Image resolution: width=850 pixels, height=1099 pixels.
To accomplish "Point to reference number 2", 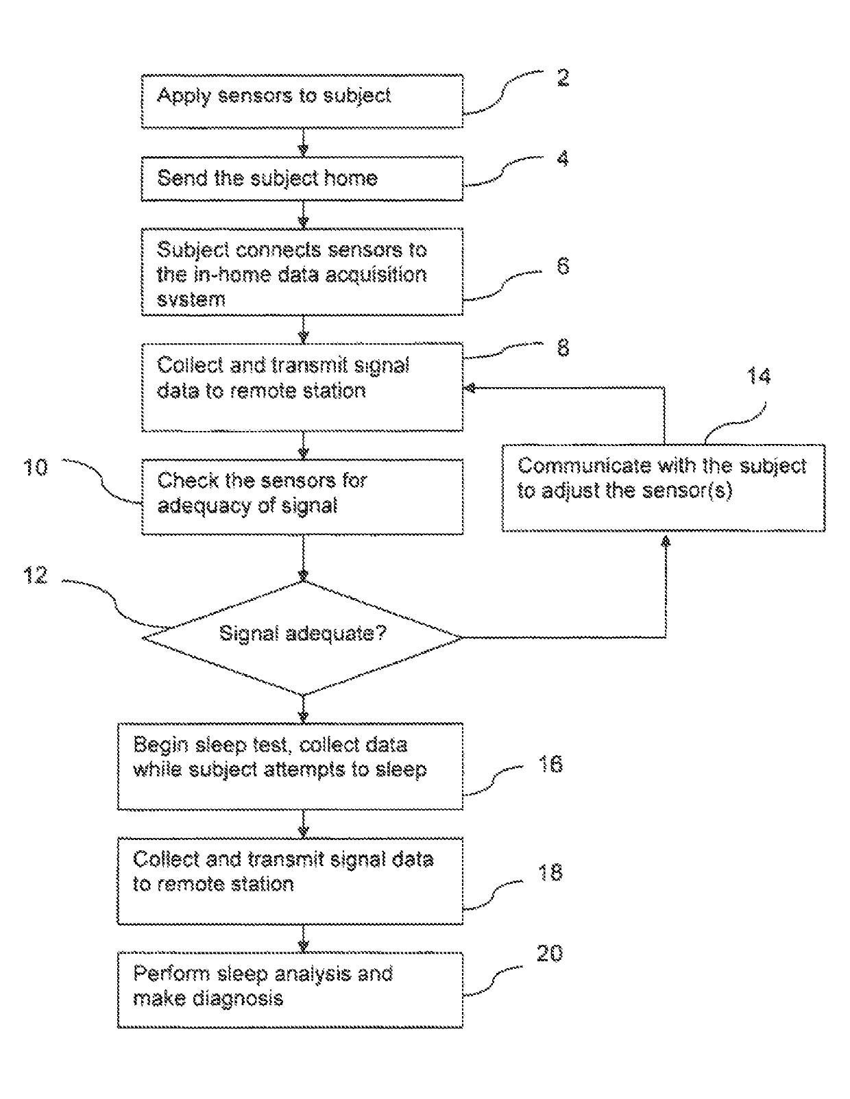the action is coord(563,78).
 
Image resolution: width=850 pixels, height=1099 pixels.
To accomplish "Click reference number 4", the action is coord(563,159).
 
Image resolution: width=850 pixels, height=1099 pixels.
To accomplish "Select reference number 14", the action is coord(758,376).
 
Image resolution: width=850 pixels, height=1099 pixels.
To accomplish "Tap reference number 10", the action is coord(36,467).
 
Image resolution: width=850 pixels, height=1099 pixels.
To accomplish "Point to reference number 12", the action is coord(36,576).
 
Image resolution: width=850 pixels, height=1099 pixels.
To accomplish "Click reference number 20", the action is coord(550,953).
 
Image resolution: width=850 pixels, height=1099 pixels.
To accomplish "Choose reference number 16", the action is coord(550,764).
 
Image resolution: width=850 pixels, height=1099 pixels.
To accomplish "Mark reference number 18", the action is coord(550,872).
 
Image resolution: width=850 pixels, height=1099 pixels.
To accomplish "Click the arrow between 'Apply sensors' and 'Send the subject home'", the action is coord(303,142).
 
